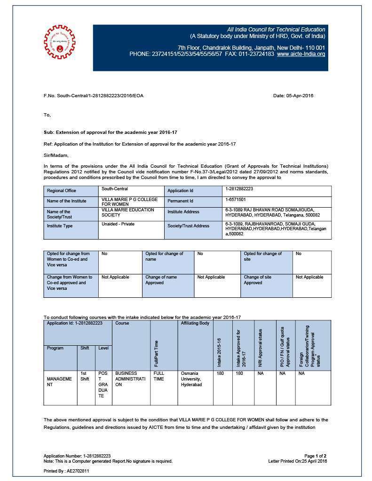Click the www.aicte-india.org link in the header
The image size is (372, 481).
(301, 54)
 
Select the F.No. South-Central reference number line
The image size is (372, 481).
(94, 96)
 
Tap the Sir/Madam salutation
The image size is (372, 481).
(56, 155)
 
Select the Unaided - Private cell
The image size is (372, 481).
(118, 224)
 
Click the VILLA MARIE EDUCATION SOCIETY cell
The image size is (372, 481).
(127, 212)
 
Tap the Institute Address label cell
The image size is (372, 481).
(183, 212)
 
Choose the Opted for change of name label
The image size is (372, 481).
(164, 256)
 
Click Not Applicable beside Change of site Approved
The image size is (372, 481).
(309, 277)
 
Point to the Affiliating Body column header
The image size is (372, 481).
(195, 323)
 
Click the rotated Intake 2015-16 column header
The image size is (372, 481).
(219, 352)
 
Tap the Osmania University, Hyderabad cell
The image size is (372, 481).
(191, 379)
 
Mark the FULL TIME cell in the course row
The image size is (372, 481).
(159, 376)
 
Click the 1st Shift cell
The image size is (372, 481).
(85, 376)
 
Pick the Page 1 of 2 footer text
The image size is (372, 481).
(315, 456)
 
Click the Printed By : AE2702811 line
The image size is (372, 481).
(66, 470)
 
